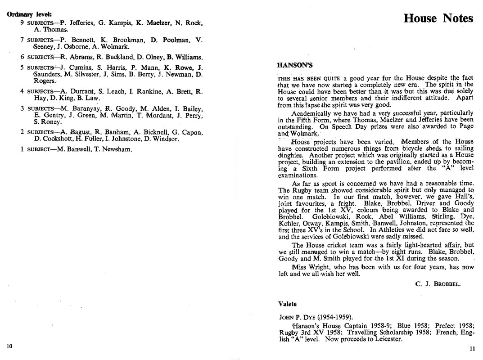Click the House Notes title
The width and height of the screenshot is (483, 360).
[x=438, y=18]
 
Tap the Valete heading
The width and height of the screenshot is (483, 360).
[x=287, y=304]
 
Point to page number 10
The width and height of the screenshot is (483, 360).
[x=9, y=346]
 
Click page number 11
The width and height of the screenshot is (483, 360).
[x=472, y=348]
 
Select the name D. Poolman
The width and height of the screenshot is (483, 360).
[x=167, y=40]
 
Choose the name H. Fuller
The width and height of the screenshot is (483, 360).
[x=80, y=139]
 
